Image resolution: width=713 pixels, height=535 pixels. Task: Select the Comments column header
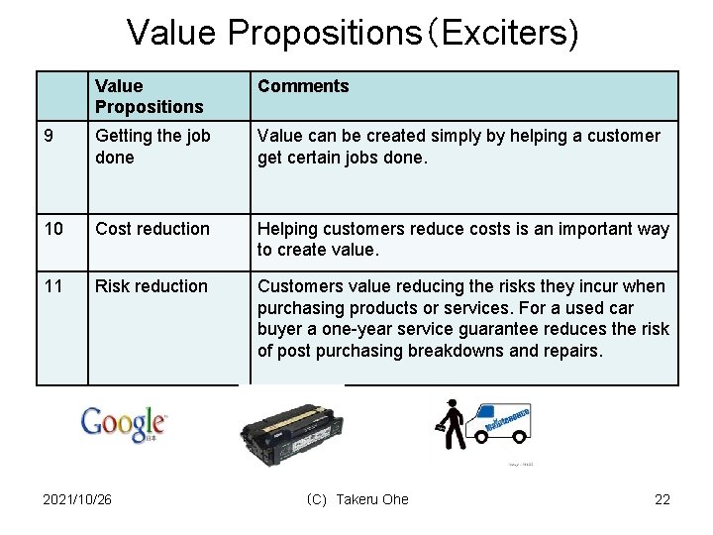(303, 86)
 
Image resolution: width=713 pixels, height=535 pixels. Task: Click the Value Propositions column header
(149, 96)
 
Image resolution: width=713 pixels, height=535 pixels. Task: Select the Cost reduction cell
(153, 229)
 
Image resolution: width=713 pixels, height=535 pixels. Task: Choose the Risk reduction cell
(152, 286)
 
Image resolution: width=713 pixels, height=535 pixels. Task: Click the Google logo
(124, 423)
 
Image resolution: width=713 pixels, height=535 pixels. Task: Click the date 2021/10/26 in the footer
(77, 499)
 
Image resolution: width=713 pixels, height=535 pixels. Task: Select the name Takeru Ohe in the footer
(371, 499)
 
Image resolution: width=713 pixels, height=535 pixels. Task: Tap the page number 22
(662, 499)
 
